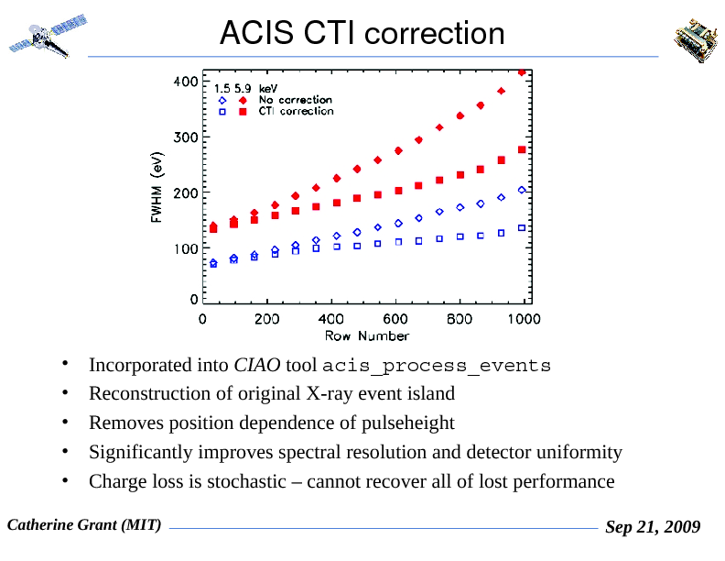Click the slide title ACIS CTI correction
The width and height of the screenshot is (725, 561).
[x=362, y=33]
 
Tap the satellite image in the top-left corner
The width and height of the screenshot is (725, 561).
[x=47, y=36]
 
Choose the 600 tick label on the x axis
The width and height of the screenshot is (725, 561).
[x=395, y=319]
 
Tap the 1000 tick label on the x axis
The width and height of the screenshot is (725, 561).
[x=524, y=319]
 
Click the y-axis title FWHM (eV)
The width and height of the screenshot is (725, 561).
[x=157, y=189]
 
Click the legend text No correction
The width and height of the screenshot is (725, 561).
[x=295, y=100]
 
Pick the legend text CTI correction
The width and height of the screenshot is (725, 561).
[x=296, y=111]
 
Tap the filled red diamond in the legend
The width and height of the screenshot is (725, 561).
[x=243, y=100]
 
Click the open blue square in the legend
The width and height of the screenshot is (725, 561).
[x=222, y=112]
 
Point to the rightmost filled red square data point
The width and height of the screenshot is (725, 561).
[x=522, y=149]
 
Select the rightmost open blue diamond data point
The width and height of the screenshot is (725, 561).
[x=522, y=190]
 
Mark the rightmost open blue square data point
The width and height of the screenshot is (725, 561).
[x=522, y=227]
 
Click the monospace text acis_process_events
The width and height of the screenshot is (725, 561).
[x=437, y=367]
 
